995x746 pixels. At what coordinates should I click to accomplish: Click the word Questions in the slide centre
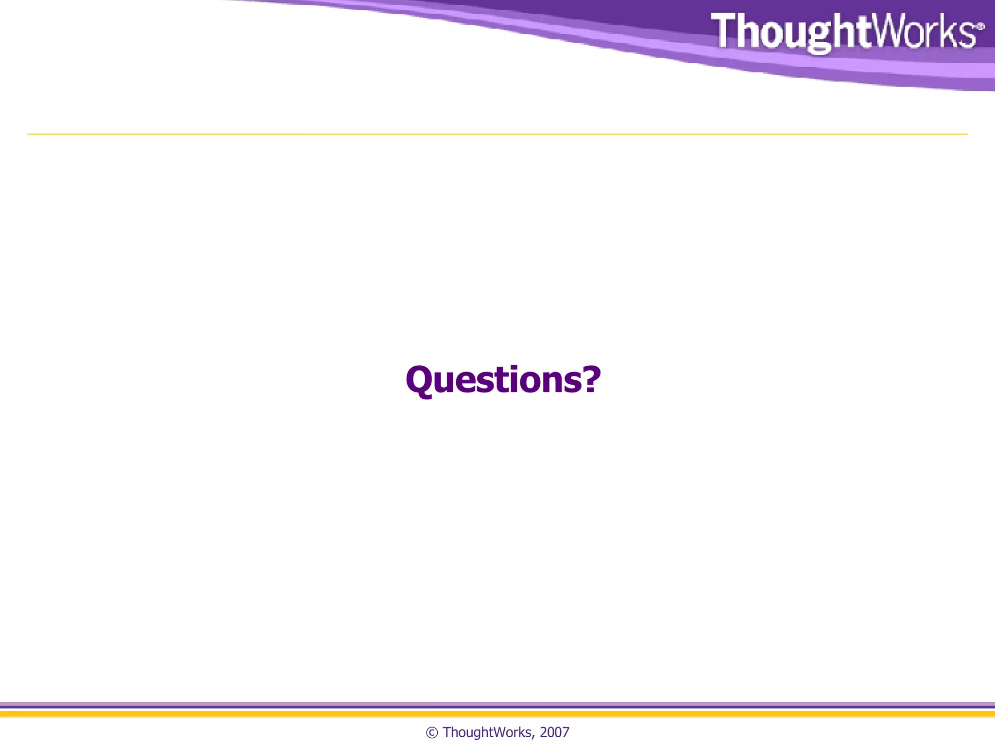496,380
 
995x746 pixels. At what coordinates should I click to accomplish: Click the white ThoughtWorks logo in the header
845,32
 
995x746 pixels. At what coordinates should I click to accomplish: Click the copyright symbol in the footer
431,732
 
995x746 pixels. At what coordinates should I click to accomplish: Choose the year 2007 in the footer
554,732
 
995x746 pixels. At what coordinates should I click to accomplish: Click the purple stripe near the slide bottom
497,705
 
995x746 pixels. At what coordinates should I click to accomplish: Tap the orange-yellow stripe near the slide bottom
497,714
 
